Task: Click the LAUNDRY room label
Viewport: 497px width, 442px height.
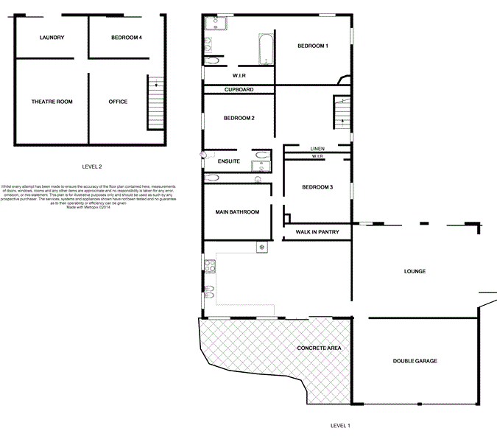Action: tap(52, 38)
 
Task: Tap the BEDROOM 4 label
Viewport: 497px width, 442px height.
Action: tap(127, 38)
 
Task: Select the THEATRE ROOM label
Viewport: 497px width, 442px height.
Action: tap(52, 102)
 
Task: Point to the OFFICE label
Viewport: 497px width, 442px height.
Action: tap(118, 102)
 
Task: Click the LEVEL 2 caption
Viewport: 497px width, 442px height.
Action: tap(92, 166)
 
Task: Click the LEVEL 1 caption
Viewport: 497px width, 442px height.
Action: tap(340, 426)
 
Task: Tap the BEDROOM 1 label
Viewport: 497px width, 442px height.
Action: tap(313, 46)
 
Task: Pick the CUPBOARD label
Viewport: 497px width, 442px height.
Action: tap(239, 90)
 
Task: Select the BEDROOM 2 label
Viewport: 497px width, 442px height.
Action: tap(239, 119)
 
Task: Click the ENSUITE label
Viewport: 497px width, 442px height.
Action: tap(230, 161)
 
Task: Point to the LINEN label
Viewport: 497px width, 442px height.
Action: tap(317, 149)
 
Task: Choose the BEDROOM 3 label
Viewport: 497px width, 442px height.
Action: tap(318, 187)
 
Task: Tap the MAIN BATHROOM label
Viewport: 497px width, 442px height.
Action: tap(237, 212)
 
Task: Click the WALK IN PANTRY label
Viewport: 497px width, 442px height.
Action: tap(317, 233)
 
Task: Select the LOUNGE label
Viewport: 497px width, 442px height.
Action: tap(415, 272)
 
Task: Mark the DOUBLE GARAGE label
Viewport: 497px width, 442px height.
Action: tap(415, 361)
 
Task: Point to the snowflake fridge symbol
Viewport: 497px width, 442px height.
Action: tap(261, 247)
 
